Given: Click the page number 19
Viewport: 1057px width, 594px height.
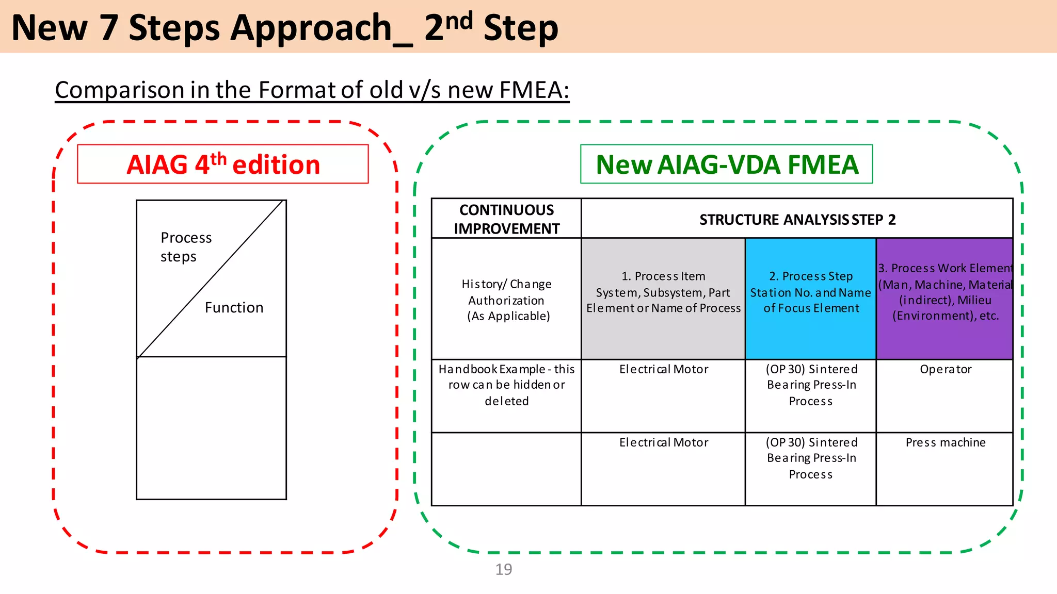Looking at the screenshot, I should pos(503,569).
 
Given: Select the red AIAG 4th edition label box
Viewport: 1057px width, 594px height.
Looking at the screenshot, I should pos(223,164).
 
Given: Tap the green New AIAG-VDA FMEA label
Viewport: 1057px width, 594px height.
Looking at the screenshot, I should pos(726,164).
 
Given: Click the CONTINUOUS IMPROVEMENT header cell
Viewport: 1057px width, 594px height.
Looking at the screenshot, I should pos(506,219).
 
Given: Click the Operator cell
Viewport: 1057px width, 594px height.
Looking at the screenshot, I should pos(945,369).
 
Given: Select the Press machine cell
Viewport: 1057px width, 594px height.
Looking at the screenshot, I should pos(945,442).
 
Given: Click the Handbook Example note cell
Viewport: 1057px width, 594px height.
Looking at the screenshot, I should pos(506,385).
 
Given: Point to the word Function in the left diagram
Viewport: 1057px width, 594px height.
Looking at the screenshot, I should pos(234,308).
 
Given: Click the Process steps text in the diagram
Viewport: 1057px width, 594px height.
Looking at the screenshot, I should pos(185,247).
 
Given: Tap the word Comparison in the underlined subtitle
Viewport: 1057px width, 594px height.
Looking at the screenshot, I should pos(120,90).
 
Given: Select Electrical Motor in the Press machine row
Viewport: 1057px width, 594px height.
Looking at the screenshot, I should pos(663,442).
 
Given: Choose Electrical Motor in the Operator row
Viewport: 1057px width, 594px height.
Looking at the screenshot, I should pos(663,369).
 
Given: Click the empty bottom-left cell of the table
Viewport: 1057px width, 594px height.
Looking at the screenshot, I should pos(506,469).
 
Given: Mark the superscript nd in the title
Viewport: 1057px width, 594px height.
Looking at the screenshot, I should pos(459,21).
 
